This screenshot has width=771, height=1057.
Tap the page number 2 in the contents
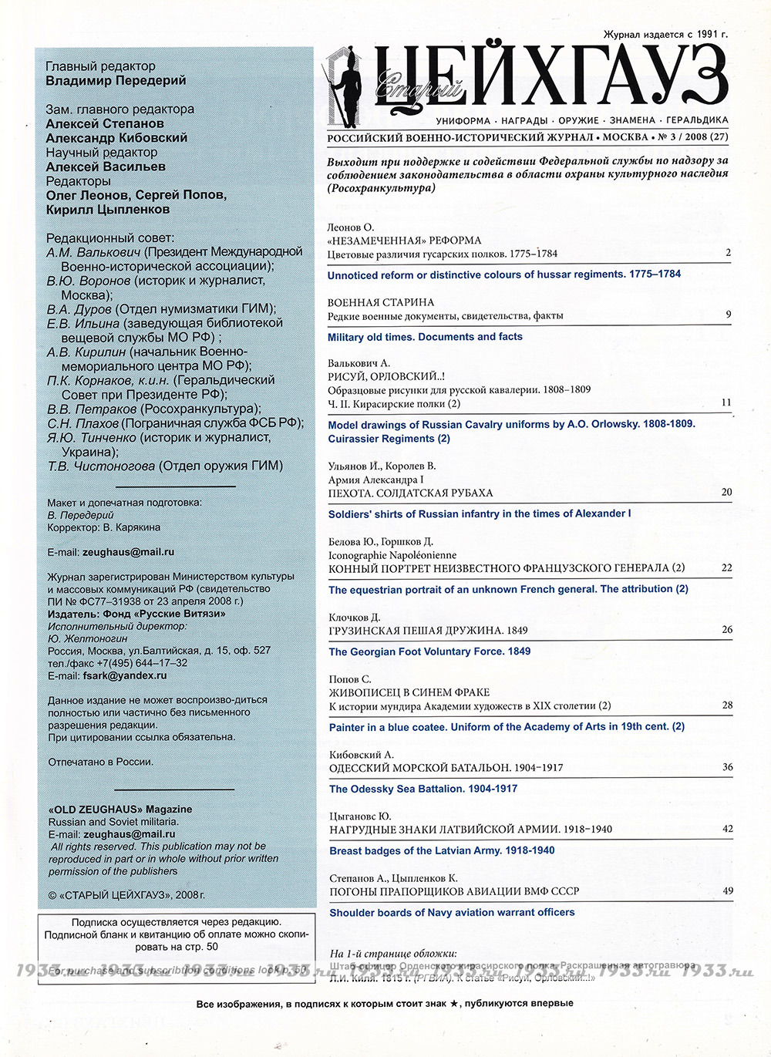728,253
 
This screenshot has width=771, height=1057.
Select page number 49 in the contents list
727,890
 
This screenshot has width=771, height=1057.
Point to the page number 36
727,767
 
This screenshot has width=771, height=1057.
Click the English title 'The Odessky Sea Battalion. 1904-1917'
423,789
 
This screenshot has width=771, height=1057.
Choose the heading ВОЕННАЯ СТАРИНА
381,302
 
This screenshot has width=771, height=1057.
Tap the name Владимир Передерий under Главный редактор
116,80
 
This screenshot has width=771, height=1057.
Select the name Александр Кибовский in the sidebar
116,137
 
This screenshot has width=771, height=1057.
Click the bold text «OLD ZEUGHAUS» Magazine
120,810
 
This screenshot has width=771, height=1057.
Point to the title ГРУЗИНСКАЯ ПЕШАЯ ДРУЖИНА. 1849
428,630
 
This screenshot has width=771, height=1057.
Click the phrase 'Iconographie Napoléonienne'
392,555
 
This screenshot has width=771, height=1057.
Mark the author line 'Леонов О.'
351,227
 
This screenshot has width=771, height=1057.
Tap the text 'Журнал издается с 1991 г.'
665,35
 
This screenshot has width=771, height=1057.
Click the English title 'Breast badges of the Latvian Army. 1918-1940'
442,850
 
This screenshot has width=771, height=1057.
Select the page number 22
726,567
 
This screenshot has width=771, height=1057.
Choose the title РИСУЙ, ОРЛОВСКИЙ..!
386,376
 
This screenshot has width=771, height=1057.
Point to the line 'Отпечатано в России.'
100,762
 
